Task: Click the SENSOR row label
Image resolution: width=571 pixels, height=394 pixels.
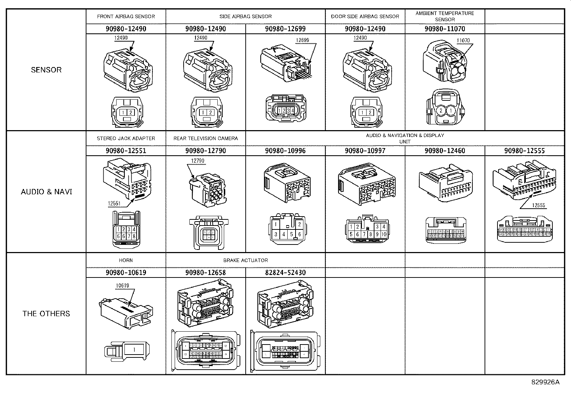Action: pyautogui.click(x=46, y=70)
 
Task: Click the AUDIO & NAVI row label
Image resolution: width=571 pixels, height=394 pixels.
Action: pyautogui.click(x=46, y=192)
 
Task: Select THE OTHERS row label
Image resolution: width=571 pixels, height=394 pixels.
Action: pyautogui.click(x=46, y=314)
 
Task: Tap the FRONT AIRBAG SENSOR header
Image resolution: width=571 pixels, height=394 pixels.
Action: pyautogui.click(x=126, y=16)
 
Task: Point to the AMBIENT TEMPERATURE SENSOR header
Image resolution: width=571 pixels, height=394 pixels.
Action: pyautogui.click(x=445, y=16)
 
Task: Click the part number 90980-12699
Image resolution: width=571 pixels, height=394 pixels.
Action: pyautogui.click(x=285, y=29)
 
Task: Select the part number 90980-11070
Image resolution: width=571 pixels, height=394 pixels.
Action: pyautogui.click(x=445, y=29)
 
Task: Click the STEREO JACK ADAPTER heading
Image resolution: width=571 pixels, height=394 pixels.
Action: pyautogui.click(x=126, y=138)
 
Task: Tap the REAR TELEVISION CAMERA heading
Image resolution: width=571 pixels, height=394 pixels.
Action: pyautogui.click(x=206, y=138)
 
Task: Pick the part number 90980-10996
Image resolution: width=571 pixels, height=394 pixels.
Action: pyautogui.click(x=285, y=151)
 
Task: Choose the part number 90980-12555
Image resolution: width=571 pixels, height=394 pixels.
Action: pyautogui.click(x=524, y=151)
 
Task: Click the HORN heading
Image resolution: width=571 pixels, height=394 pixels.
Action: pyautogui.click(x=126, y=260)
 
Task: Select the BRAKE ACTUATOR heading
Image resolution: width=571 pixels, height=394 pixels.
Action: pyautogui.click(x=245, y=260)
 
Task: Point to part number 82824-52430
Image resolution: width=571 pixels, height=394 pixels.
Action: pyautogui.click(x=285, y=272)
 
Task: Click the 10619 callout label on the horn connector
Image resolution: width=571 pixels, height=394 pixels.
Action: pyautogui.click(x=122, y=286)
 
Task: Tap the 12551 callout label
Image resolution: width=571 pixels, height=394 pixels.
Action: pyautogui.click(x=114, y=204)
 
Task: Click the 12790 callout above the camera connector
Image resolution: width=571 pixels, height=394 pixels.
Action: pyautogui.click(x=198, y=161)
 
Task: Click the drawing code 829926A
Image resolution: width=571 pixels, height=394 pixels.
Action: pyautogui.click(x=545, y=382)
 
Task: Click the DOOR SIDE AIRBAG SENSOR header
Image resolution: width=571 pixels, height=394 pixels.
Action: pyautogui.click(x=365, y=16)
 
